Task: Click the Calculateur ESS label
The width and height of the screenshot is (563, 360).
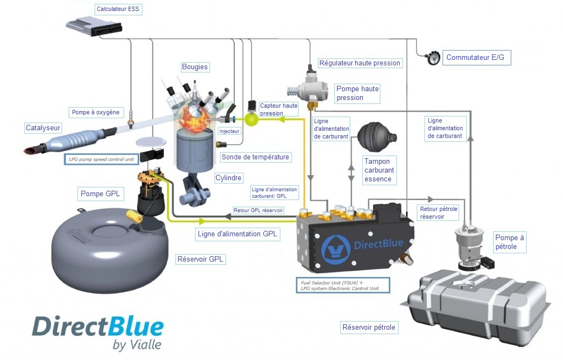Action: [118, 9]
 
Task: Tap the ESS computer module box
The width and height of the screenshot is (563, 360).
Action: [94, 26]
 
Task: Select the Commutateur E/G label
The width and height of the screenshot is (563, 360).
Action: [476, 57]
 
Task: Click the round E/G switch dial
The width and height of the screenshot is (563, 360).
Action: [433, 57]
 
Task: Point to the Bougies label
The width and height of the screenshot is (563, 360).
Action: [195, 67]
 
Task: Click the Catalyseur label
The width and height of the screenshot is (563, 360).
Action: [43, 128]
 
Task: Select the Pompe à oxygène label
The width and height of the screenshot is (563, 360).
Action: [96, 112]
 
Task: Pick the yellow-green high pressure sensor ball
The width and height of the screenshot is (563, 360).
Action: [251, 119]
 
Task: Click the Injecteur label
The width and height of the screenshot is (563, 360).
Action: [229, 131]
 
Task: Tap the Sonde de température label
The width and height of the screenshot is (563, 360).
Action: [255, 157]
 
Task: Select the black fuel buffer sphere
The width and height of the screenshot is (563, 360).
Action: [376, 137]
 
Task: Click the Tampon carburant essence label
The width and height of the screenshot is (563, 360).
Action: [379, 170]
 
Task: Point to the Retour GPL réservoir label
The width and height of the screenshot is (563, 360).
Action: [258, 211]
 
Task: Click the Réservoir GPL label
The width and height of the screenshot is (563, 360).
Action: [200, 259]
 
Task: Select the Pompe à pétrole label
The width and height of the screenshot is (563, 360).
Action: [510, 242]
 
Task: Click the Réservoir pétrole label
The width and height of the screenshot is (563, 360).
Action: [369, 328]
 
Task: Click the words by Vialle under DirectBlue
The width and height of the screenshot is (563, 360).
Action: [137, 345]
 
